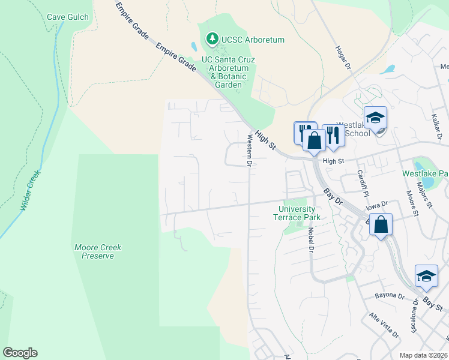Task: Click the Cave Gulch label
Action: pyautogui.click(x=68, y=17)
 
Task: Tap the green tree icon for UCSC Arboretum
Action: pyautogui.click(x=212, y=39)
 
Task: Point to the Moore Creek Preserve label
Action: pyautogui.click(x=94, y=251)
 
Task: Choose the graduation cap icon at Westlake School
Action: pyautogui.click(x=375, y=118)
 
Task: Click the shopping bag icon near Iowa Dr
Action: pyautogui.click(x=381, y=225)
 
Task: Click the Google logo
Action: pyautogui.click(x=20, y=352)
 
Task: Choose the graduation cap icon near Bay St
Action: pyautogui.click(x=426, y=275)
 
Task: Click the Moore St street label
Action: pyautogui.click(x=411, y=202)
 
